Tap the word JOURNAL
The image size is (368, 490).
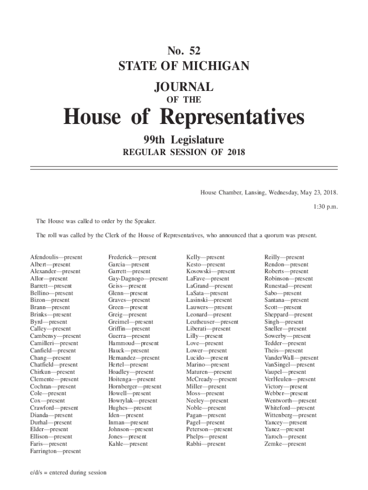(184, 87)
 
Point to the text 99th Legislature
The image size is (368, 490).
(184, 140)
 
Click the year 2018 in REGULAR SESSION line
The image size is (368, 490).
(236, 153)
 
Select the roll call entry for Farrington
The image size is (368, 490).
(55, 451)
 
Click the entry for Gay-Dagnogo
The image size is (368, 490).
(138, 279)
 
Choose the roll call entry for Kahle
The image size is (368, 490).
(128, 444)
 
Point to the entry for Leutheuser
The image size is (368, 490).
(212, 322)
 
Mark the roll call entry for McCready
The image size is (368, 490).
(211, 379)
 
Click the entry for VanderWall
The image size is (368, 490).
(291, 358)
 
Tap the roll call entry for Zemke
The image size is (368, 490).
(285, 444)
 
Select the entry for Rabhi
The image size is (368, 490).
(206, 444)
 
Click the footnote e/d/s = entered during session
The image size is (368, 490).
(68, 473)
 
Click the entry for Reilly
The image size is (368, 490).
(284, 257)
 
